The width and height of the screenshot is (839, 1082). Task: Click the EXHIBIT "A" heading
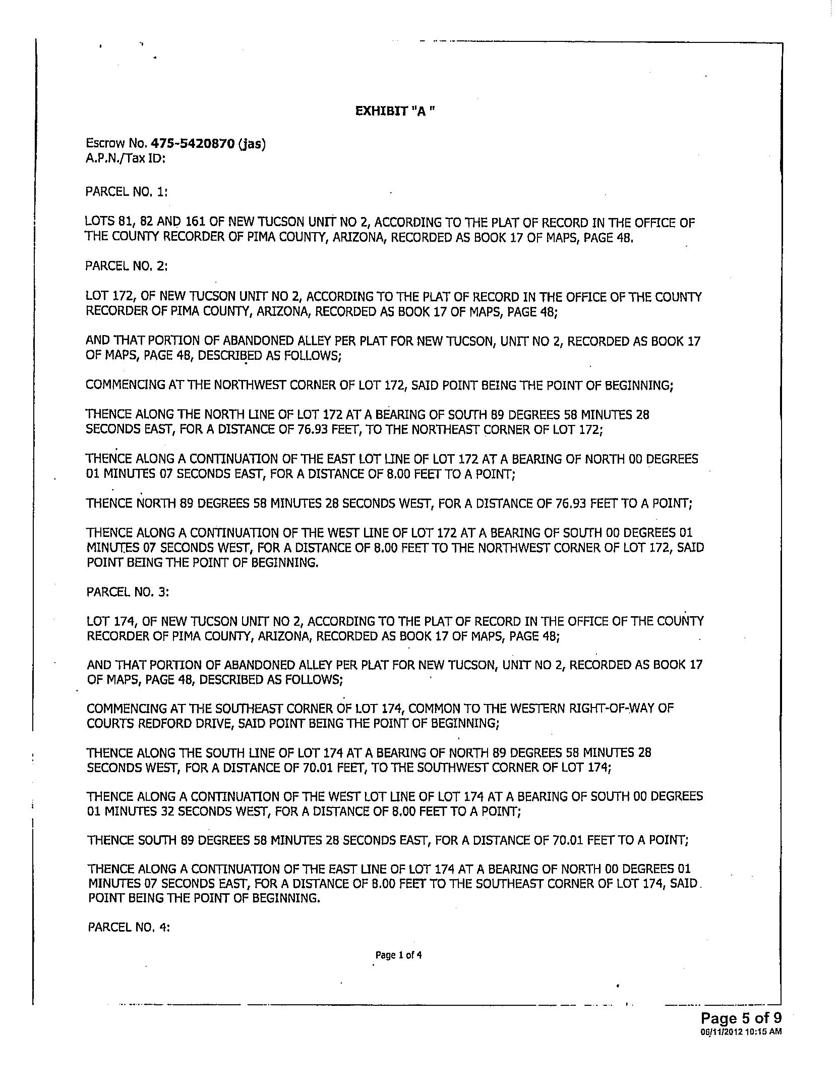(x=395, y=111)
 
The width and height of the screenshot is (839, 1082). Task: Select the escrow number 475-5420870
(x=193, y=144)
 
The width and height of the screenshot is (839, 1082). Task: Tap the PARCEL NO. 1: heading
(x=126, y=192)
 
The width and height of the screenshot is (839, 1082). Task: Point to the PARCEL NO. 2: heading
(x=126, y=265)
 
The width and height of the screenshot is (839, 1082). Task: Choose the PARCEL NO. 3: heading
(x=128, y=591)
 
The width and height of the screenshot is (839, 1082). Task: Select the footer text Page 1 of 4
(x=398, y=955)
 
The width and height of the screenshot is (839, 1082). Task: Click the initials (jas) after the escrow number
(x=252, y=144)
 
